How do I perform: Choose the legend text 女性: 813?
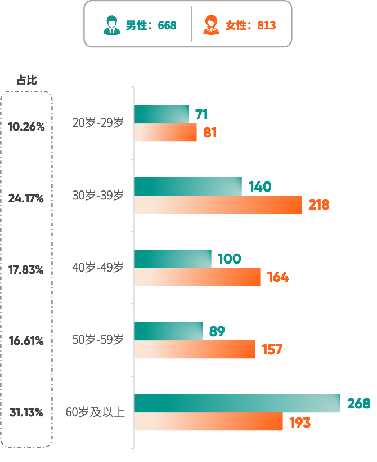pos(250,25)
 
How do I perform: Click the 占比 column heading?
pos(26,80)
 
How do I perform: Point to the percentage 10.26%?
pos(26,127)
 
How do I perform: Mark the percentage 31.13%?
pos(26,412)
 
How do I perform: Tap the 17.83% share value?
pos(26,270)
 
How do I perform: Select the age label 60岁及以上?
pos(95,412)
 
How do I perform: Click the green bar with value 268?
pos(237,403)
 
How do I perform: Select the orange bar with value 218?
pos(218,205)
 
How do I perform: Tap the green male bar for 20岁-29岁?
pos(161,114)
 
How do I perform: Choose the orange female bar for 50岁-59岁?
pos(195,349)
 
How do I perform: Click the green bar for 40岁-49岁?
pos(173,259)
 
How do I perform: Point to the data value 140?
pos(259,186)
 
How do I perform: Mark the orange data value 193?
pos(300,422)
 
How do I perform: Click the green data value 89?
pos(217,331)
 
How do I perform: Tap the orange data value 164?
pos(278,277)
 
